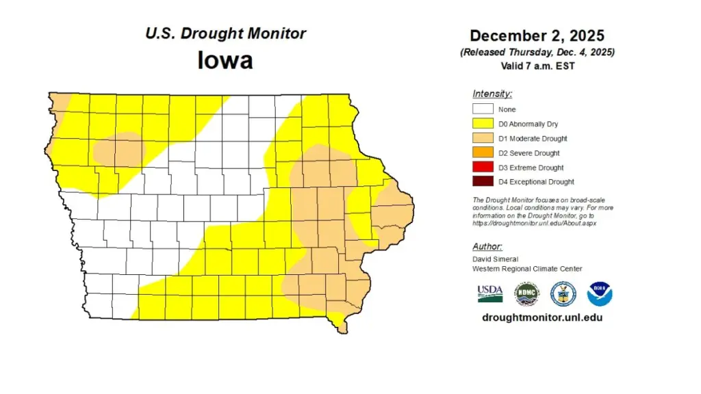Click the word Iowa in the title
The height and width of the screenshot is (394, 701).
click(x=225, y=60)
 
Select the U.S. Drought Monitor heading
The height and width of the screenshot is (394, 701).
click(x=225, y=34)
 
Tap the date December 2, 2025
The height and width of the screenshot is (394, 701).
click(x=537, y=36)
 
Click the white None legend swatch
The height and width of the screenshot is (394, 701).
click(x=483, y=109)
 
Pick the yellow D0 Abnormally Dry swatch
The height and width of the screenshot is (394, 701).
click(x=483, y=124)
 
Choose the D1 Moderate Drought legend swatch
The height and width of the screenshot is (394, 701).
click(x=483, y=138)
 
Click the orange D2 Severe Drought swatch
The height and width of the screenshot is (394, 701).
click(x=483, y=153)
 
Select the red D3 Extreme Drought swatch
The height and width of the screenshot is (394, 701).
click(x=483, y=168)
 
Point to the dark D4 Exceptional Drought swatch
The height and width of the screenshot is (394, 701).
click(x=483, y=182)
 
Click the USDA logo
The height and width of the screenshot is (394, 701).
click(x=490, y=293)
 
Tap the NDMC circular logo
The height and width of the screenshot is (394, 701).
click(x=527, y=293)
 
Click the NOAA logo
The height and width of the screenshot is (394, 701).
click(x=600, y=293)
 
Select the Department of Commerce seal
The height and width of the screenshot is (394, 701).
click(x=563, y=293)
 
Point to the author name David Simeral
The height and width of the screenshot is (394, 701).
click(x=494, y=260)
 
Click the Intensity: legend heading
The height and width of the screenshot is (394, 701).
click(x=492, y=94)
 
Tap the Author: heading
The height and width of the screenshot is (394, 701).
click(x=487, y=246)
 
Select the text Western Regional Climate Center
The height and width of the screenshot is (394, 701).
click(x=527, y=269)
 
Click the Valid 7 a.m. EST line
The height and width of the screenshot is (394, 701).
click(x=537, y=66)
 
